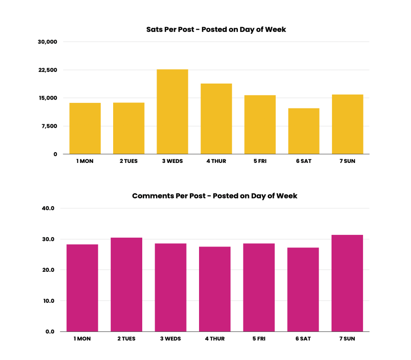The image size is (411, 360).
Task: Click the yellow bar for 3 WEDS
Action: coord(172,112)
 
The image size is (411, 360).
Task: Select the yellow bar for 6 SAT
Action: coord(303,131)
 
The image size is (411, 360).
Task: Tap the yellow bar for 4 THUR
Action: coord(216,119)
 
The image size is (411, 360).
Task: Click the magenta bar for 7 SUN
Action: coord(347,283)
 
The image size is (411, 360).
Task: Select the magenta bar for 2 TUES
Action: coord(127,284)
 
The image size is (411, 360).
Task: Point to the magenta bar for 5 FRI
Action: coord(259,287)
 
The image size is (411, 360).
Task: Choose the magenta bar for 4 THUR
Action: coord(215,289)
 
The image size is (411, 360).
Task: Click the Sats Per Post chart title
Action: coord(216,30)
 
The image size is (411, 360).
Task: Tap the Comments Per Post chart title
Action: coord(215,196)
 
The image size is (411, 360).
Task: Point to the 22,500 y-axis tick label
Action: coord(48,70)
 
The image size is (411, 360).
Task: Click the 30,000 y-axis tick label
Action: coord(48,42)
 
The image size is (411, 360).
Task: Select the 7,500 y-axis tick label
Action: coord(49,126)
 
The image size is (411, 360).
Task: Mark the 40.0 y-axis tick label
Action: coord(48,208)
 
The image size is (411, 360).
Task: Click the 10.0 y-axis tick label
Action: coord(48,301)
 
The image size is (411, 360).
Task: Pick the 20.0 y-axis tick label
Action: coord(48,270)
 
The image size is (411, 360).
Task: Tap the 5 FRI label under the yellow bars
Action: coord(260,162)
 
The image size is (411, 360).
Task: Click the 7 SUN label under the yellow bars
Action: coord(347,162)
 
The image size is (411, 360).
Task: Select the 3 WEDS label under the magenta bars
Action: coord(170,339)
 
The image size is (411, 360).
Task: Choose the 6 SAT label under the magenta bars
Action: coord(303,339)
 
